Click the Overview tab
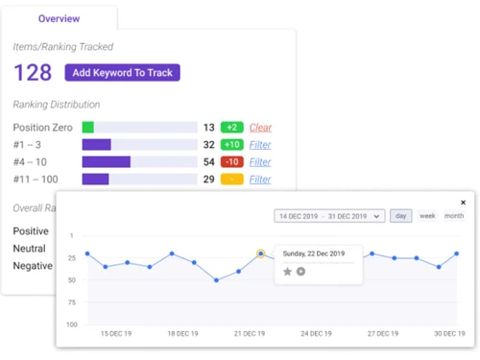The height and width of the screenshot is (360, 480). [59, 18]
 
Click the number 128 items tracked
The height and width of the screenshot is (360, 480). [33, 72]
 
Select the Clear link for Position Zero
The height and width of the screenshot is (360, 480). [260, 128]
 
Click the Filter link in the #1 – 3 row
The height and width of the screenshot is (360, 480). [260, 145]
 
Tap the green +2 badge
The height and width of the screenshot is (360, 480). [231, 128]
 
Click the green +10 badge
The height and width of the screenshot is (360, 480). [231, 145]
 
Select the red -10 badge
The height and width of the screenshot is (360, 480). [231, 162]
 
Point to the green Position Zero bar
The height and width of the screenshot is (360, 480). [88, 128]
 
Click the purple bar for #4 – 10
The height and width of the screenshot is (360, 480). [106, 162]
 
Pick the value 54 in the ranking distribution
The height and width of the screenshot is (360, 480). [208, 162]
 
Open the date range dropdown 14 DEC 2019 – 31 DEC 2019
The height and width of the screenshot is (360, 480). [328, 216]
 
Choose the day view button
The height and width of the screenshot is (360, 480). [400, 216]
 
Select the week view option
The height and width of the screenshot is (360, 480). [427, 216]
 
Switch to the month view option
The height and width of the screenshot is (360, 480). [453, 216]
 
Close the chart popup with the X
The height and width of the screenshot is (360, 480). [463, 203]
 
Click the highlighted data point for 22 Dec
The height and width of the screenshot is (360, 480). [260, 254]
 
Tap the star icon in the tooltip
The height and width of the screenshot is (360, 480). [287, 272]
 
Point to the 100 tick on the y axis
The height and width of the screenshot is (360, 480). [71, 324]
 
